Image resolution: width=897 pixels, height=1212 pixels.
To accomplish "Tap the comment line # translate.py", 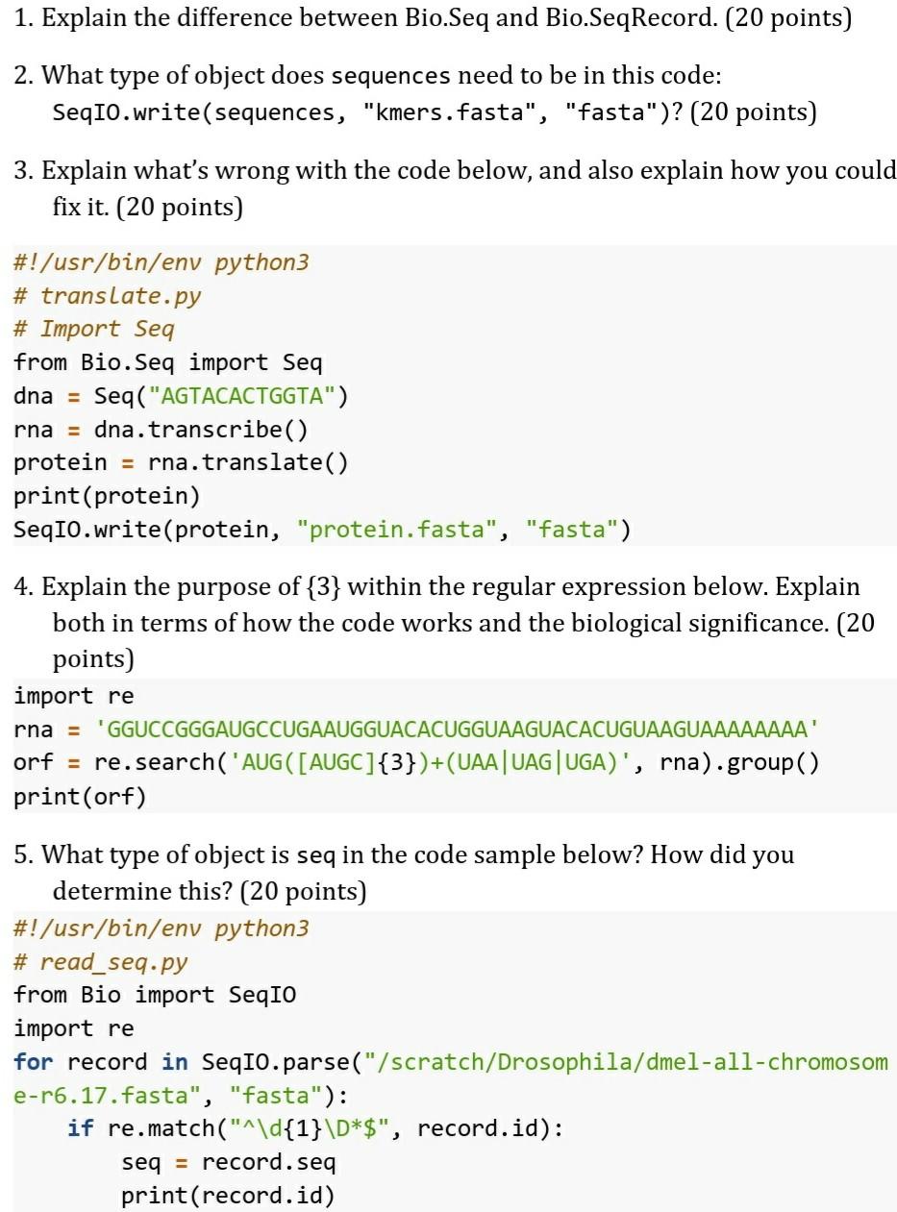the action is [107, 295].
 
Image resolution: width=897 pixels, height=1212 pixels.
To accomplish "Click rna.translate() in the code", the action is [248, 462].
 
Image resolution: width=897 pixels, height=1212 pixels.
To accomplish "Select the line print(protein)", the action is [107, 496].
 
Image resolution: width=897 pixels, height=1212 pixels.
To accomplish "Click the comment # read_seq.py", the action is [100, 962].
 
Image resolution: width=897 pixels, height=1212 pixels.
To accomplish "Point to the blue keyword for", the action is [33, 1062].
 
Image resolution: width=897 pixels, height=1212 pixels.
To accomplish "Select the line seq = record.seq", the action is [228, 1162].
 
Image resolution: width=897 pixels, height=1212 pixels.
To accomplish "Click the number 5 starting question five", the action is [21, 854].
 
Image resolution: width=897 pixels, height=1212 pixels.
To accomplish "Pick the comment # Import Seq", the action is [93, 329].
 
